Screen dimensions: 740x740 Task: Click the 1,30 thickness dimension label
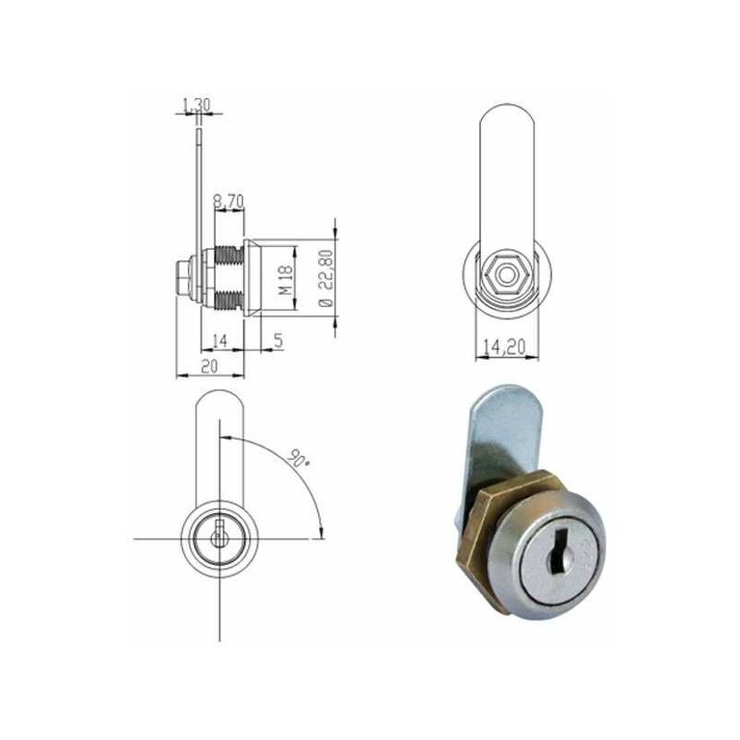[196, 105]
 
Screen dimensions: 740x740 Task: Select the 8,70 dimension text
[228, 202]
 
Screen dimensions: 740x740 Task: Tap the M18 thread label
[285, 279]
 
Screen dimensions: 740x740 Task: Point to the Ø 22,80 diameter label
[326, 279]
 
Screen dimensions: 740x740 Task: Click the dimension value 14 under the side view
[220, 340]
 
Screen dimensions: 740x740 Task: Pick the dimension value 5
[278, 339]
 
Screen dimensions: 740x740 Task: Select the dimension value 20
[210, 366]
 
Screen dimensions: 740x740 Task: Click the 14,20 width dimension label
[504, 348]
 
